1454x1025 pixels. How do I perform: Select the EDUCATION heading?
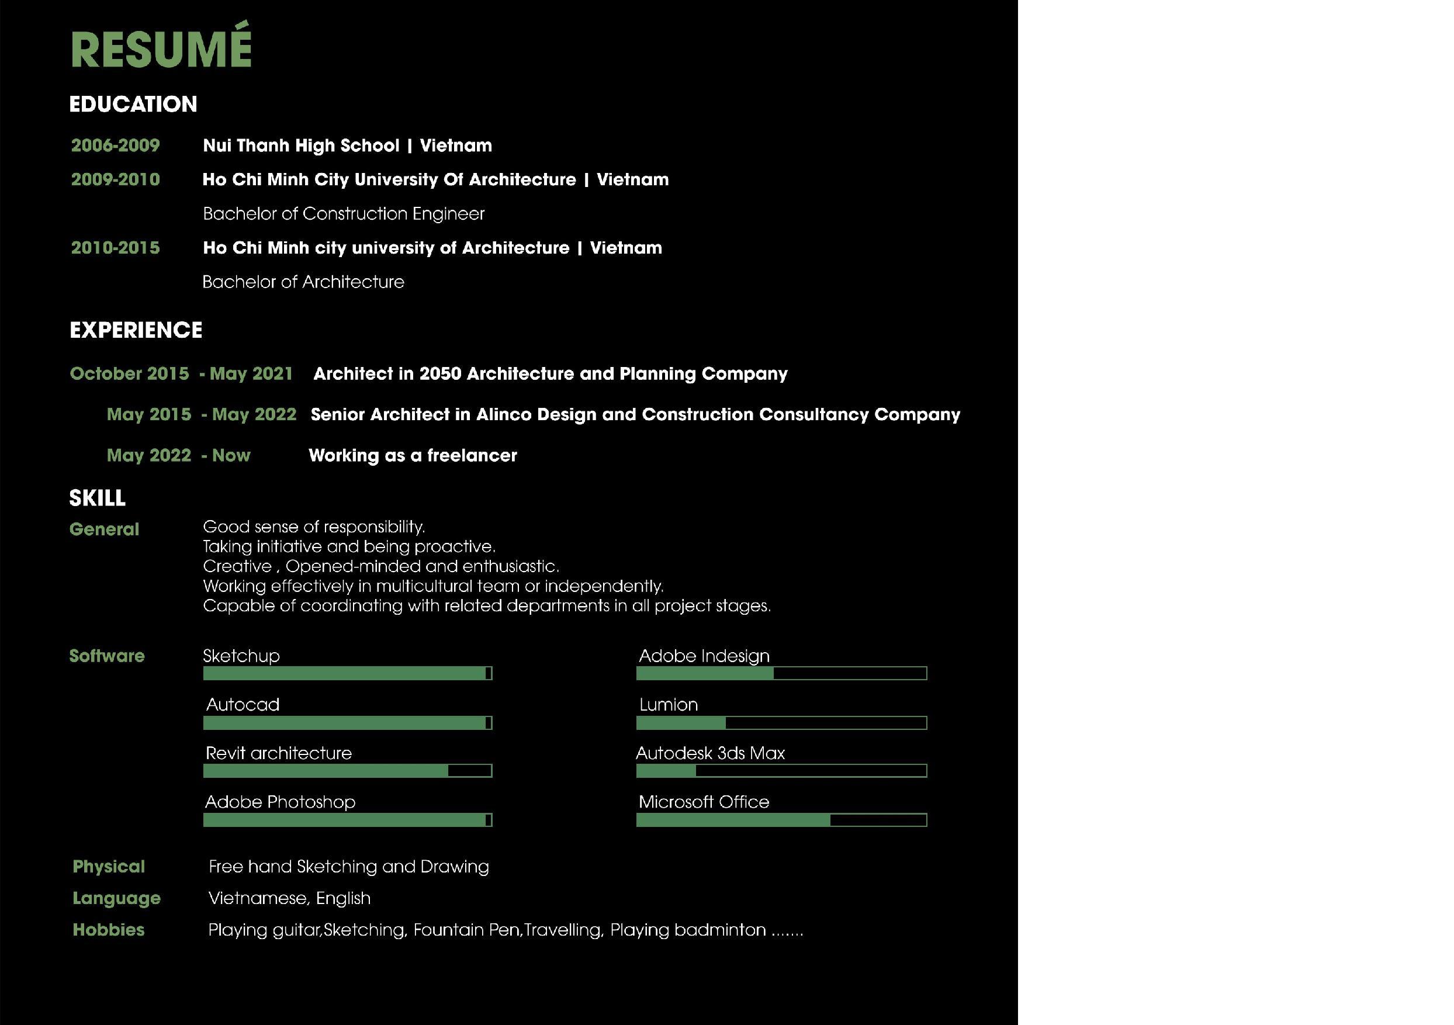click(133, 105)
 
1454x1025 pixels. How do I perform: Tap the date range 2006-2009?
click(115, 146)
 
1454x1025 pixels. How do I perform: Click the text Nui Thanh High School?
click(301, 146)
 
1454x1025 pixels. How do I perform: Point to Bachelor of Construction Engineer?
click(343, 214)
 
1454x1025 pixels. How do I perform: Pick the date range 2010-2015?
click(115, 248)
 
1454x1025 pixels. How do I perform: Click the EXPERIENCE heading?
click(136, 330)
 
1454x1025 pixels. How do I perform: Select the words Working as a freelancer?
click(412, 455)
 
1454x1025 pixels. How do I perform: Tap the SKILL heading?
click(97, 498)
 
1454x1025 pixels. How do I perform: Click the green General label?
click(104, 529)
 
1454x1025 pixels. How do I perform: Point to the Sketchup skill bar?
click(347, 673)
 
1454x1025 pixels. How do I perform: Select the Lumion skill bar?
click(781, 722)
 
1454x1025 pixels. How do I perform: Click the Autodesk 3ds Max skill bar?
click(781, 770)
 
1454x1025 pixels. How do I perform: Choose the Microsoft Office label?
click(704, 802)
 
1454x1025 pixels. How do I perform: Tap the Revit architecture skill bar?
click(347, 770)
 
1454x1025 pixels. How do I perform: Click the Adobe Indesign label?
click(704, 656)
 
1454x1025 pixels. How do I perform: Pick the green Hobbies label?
click(108, 929)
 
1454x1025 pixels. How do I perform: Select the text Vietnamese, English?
click(289, 898)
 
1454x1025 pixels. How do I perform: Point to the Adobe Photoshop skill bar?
click(347, 820)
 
